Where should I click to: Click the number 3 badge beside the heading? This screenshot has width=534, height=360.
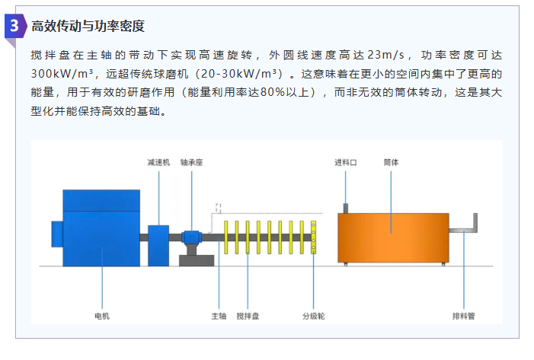pyautogui.click(x=15, y=26)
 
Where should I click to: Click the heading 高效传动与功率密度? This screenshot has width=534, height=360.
pyautogui.click(x=88, y=26)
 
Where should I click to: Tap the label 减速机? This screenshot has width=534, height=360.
pyautogui.click(x=158, y=163)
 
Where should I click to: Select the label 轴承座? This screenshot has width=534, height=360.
pyautogui.click(x=191, y=163)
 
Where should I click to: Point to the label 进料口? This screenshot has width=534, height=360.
pyautogui.click(x=345, y=163)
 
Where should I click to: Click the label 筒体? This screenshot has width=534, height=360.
pyautogui.click(x=391, y=162)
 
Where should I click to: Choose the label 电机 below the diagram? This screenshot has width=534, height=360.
pyautogui.click(x=102, y=316)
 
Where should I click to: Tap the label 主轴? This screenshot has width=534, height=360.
pyautogui.click(x=219, y=316)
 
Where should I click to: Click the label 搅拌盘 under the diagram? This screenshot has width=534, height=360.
pyautogui.click(x=248, y=316)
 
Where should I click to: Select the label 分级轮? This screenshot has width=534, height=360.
pyautogui.click(x=314, y=316)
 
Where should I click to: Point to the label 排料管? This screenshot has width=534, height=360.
pyautogui.click(x=463, y=316)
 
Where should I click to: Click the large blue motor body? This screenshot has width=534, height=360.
pyautogui.click(x=101, y=228)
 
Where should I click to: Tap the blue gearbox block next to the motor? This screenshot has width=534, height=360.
pyautogui.click(x=158, y=246)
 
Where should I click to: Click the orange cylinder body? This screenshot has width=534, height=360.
pyautogui.click(x=393, y=238)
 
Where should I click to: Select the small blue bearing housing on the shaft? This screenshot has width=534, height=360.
pyautogui.click(x=191, y=237)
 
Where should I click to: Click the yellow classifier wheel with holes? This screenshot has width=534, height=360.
pyautogui.click(x=313, y=237)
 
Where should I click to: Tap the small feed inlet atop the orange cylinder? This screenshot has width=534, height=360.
pyautogui.click(x=346, y=209)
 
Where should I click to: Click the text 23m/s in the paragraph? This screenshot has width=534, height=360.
pyautogui.click(x=386, y=55)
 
